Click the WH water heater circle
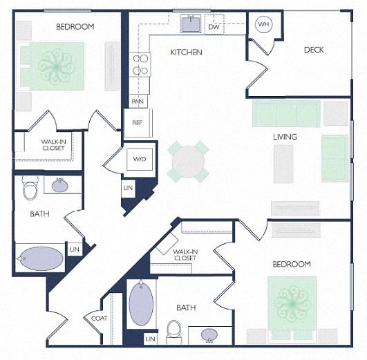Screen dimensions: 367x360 coord(263,24)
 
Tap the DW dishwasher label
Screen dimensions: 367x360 coord(214,27)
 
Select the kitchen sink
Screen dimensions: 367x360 coord(191,24)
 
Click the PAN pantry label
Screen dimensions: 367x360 coord(138,102)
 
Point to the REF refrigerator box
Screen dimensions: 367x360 coord(138,123)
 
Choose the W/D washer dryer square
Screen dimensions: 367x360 coord(140,159)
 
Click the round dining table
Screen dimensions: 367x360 coord(188,162)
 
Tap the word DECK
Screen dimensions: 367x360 coord(314,50)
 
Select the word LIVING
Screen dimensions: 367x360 coord(285,137)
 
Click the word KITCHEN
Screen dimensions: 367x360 coord(187,52)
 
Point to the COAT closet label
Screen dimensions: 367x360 coord(100,319)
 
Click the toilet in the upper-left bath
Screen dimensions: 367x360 coord(30,188)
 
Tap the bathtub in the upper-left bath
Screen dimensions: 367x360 coord(41,258)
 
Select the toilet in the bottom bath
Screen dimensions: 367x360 coord(173,332)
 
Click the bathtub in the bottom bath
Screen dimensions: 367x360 coord(141,303)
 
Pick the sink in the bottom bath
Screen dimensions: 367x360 coord(209,335)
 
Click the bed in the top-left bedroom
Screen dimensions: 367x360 coord(52,66)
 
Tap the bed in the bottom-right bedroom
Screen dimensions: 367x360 coord(292,307)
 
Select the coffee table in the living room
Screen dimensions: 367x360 coord(283,164)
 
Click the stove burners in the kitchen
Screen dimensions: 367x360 coord(140,64)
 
